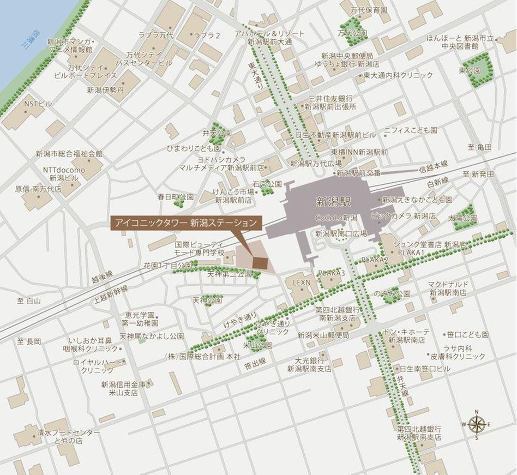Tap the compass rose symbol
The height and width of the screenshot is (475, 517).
[x=476, y=424]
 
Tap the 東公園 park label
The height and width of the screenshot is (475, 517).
[x=470, y=71]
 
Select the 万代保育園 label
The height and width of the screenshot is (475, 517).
[x=369, y=10]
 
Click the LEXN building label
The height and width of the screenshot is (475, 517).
[x=300, y=283]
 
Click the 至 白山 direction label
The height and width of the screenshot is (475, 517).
[x=28, y=300]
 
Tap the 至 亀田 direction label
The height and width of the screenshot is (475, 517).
[x=479, y=147]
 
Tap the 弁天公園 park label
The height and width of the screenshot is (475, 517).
[x=217, y=133]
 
